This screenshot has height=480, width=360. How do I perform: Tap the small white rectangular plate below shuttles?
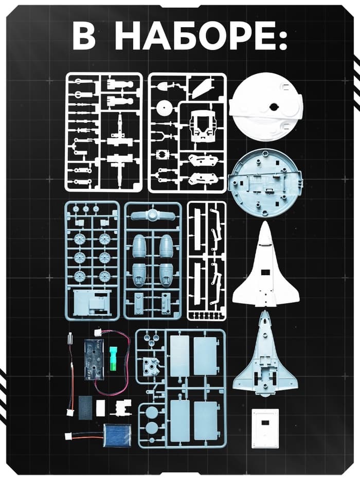[265, 428]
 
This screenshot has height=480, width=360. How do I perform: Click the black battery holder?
[95, 355]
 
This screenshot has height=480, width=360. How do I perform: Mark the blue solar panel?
[117, 435]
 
